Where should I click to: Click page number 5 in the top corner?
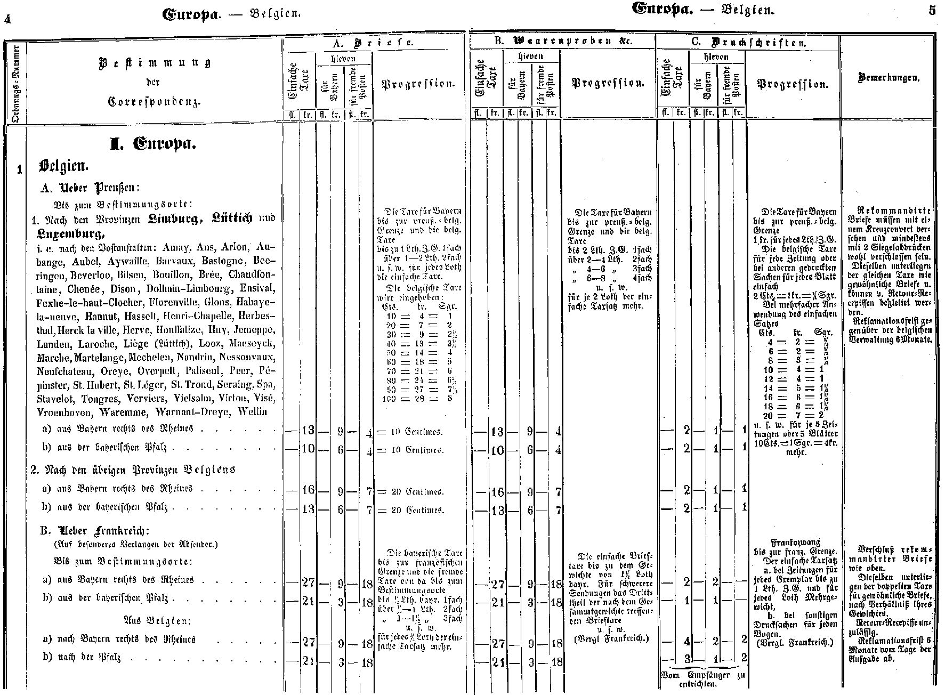[931, 10]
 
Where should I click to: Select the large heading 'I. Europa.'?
[153, 144]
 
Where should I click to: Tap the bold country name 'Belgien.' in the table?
[63, 166]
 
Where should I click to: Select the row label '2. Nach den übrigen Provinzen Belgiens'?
[133, 470]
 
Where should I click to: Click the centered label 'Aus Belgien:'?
[157, 621]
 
